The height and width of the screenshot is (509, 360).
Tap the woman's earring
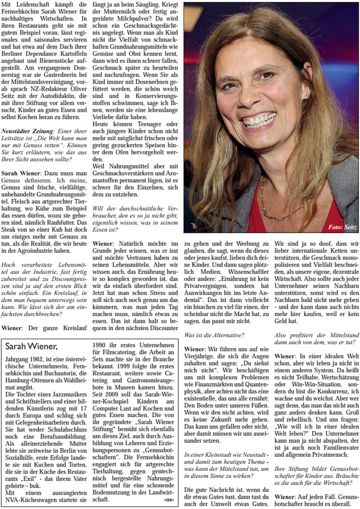(308, 95)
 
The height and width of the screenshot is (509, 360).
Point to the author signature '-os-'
(169, 499)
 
